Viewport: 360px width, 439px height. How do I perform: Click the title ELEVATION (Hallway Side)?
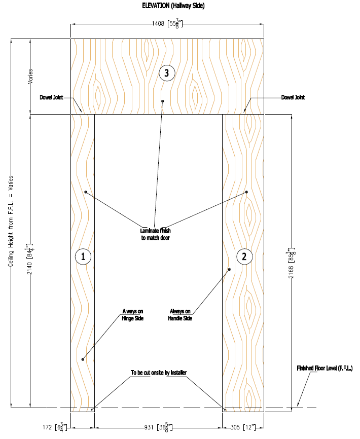tap(173, 6)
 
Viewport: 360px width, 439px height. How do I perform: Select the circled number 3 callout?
tap(167, 73)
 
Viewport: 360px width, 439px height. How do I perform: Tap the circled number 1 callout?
tap(83, 257)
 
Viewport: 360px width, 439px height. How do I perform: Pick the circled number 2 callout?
tap(244, 257)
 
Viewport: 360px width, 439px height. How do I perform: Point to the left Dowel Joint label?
tap(50, 97)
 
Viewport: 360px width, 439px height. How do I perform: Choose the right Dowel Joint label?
tap(293, 97)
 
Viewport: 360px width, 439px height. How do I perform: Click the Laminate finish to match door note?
tap(156, 234)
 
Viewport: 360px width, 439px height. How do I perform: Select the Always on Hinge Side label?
tap(133, 315)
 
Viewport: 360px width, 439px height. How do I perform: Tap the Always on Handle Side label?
tap(181, 315)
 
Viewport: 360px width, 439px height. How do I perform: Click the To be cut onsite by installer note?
tap(159, 373)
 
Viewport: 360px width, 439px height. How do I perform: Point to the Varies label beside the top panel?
tap(31, 76)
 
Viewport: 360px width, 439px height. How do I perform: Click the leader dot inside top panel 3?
tap(163, 101)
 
